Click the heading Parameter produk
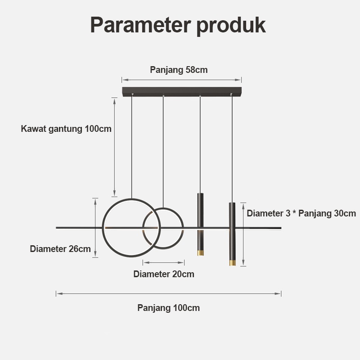178,25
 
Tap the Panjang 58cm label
179,70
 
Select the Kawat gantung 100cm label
66,129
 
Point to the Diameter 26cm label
60,249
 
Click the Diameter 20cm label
164,274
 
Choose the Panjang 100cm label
168,308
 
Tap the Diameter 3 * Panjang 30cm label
301,213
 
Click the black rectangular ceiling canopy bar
182,91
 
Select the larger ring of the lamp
104,228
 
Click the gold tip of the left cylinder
200,252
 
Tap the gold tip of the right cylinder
232,262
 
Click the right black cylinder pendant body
232,225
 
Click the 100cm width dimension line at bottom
168,293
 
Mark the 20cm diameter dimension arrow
163,262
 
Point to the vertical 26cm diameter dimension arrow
95,228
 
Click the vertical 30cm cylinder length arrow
243,234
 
